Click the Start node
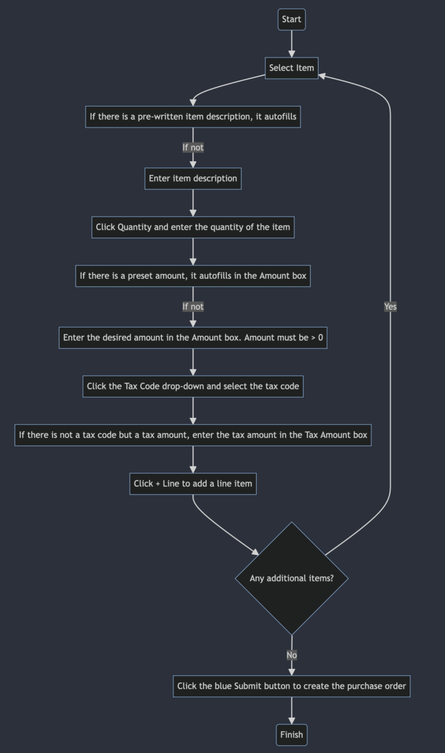291,19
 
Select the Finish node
291,734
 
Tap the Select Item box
291,68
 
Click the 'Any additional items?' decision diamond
291,578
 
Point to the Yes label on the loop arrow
391,307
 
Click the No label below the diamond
291,655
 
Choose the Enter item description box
193,179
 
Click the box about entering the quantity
193,227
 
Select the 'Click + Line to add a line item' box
193,483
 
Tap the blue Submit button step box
291,686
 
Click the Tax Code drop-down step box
193,386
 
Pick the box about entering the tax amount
193,435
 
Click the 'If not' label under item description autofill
193,147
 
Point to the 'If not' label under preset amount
193,307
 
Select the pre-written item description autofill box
193,117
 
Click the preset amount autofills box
193,276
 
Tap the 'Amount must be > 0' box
193,337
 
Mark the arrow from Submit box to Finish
291,710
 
